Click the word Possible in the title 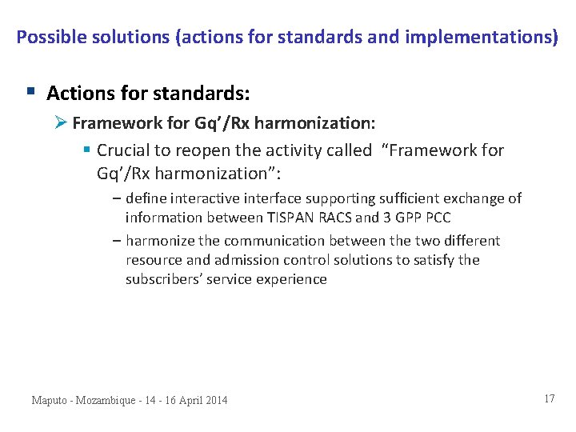45,37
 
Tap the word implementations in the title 496,37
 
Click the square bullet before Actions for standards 30,92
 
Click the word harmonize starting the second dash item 159,241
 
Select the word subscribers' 162,279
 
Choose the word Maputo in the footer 51,400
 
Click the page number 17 549,398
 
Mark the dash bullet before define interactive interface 117,198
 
